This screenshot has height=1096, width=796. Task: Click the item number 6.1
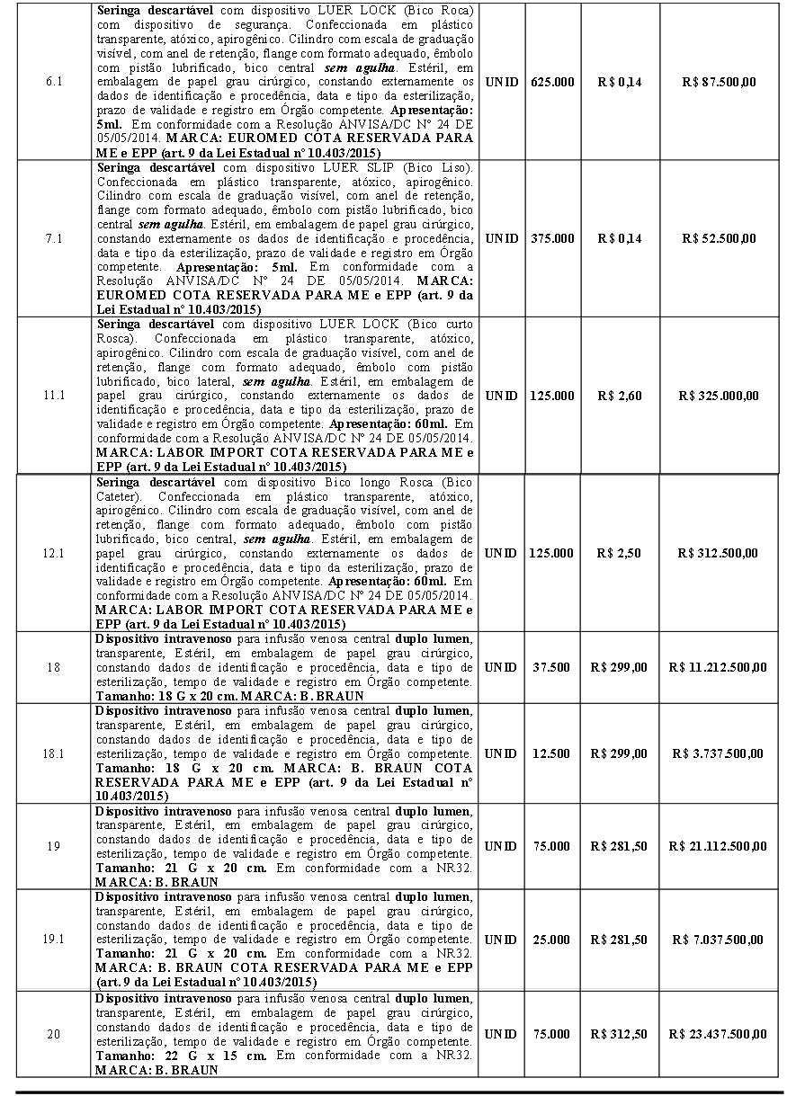54,82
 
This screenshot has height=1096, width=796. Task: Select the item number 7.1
54,238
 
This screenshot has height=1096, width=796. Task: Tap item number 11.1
54,396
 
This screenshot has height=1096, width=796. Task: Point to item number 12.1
54,553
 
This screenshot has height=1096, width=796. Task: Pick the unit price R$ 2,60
619,396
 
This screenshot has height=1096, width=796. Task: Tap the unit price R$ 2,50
619,553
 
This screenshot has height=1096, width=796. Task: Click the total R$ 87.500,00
719,82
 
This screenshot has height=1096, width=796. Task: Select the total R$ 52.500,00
719,238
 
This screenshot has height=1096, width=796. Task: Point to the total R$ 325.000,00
719,396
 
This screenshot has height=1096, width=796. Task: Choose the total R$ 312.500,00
719,553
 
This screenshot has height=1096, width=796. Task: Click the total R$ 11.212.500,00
719,667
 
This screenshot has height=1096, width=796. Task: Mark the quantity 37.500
550,667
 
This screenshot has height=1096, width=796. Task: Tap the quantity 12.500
550,753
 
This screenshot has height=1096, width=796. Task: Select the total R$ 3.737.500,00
719,753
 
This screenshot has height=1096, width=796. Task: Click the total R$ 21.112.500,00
719,846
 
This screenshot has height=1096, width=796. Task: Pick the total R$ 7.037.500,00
719,940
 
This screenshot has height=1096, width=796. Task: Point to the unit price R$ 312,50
619,1034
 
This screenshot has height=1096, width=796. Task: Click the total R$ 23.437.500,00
719,1034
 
